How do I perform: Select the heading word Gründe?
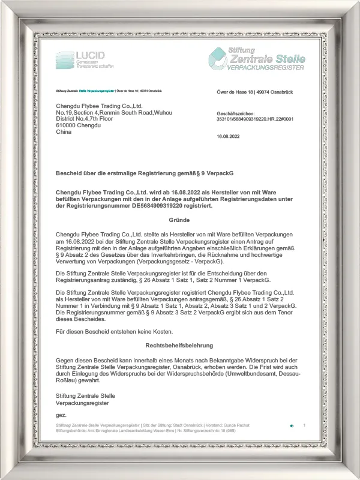[179, 220]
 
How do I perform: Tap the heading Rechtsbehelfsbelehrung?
[179, 346]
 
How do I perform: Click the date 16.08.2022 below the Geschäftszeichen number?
[227, 137]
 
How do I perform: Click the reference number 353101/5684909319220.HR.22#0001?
[254, 119]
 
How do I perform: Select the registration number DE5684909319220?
[173, 205]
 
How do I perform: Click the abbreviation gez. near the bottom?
[61, 415]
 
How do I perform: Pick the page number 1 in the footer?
[304, 425]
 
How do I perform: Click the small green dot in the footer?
[292, 425]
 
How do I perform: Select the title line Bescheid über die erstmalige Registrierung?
[144, 172]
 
